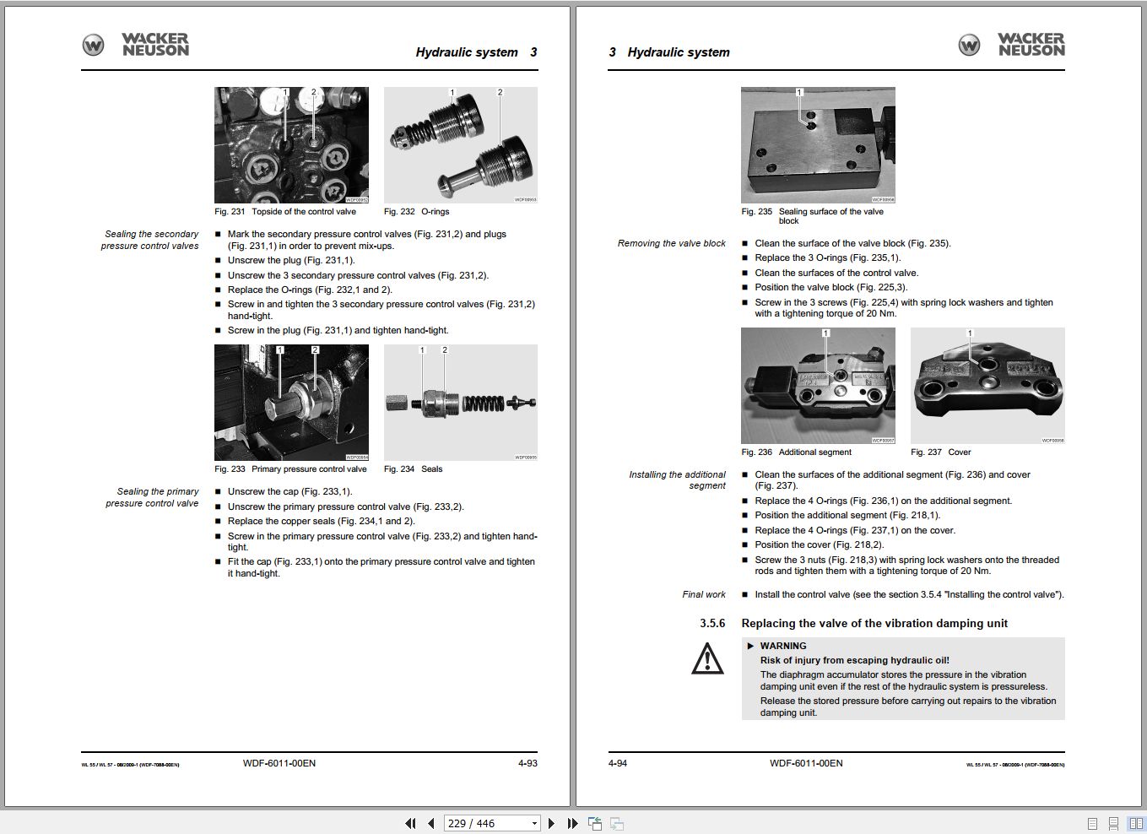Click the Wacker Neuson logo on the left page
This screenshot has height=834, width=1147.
(x=135, y=45)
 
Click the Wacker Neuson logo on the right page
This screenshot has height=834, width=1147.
(x=1011, y=45)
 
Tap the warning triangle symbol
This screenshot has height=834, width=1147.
(x=707, y=658)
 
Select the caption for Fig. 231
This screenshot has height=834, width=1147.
(x=285, y=212)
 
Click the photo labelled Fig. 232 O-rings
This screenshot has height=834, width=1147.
(x=460, y=144)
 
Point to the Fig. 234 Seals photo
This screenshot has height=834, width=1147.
(x=460, y=402)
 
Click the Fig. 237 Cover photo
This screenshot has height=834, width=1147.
(x=987, y=386)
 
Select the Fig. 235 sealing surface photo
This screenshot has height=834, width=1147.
(x=818, y=144)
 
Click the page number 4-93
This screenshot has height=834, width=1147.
(x=528, y=763)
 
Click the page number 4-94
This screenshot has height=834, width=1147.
(x=618, y=763)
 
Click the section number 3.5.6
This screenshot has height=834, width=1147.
(x=711, y=624)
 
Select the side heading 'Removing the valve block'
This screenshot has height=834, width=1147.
(x=671, y=244)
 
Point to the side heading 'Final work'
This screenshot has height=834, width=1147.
(x=704, y=595)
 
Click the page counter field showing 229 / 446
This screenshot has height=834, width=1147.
(x=485, y=823)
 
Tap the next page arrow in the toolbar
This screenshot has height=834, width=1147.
(x=552, y=823)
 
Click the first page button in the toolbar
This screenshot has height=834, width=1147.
(x=410, y=823)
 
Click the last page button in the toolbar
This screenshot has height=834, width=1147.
(x=572, y=823)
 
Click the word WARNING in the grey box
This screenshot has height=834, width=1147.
(x=782, y=646)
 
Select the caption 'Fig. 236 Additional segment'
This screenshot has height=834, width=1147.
(x=797, y=452)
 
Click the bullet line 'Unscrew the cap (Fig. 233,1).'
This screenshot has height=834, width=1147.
(x=289, y=492)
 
